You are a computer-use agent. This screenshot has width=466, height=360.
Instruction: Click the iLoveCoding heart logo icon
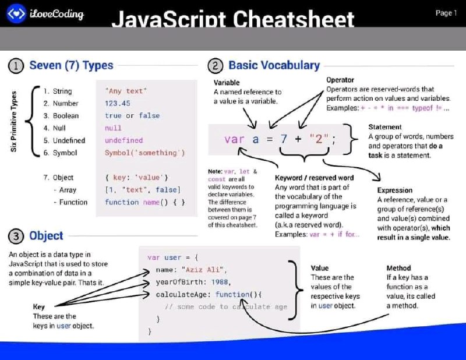tap(16, 13)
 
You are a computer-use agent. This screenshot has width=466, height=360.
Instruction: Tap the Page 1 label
tap(446, 13)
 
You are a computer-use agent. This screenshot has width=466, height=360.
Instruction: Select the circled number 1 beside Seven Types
tap(16, 66)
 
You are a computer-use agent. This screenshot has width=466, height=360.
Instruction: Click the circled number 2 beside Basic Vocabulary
tap(215, 66)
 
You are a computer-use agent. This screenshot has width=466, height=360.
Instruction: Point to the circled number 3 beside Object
tap(16, 237)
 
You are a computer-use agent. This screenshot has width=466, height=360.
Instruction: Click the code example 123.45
tap(118, 103)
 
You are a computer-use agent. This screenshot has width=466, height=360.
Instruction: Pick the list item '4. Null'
tap(54, 128)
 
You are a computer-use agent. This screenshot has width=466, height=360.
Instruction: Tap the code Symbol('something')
tap(144, 153)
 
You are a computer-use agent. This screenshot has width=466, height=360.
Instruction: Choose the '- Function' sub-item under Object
tap(70, 202)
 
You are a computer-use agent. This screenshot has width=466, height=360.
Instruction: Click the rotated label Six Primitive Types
tap(13, 121)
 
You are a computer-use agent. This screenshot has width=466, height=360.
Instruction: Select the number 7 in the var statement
tap(284, 139)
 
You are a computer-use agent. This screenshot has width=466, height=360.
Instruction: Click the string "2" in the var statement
tap(319, 139)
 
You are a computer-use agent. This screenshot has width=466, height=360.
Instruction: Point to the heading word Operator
tap(340, 80)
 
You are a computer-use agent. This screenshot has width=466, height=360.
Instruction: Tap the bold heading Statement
tap(385, 127)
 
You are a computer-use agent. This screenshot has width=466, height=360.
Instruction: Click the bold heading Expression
tap(395, 190)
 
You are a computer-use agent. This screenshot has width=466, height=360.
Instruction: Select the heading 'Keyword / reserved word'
tap(314, 178)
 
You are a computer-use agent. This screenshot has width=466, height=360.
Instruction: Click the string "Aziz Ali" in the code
tap(203, 270)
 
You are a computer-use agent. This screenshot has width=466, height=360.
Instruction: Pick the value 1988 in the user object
tap(220, 282)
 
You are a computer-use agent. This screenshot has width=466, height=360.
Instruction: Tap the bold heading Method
tap(398, 268)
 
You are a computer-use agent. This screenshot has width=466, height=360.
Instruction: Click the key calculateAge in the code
tap(181, 295)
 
